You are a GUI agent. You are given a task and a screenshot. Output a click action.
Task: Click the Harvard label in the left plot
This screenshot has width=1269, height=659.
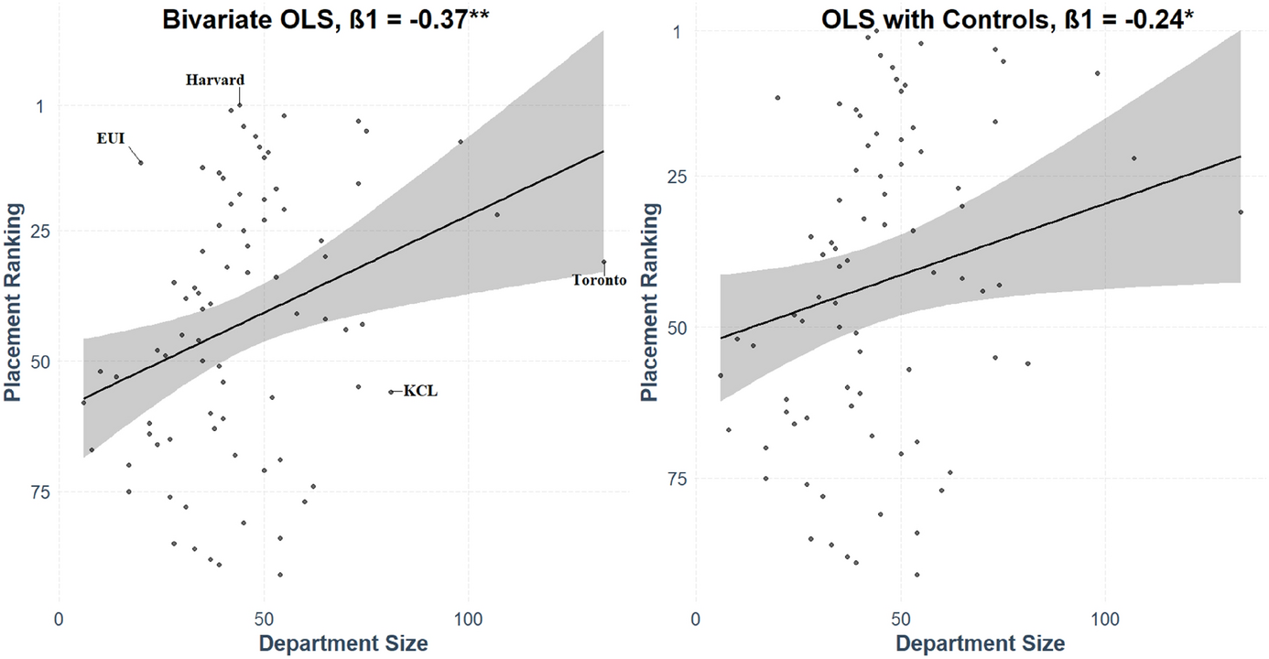pos(215,80)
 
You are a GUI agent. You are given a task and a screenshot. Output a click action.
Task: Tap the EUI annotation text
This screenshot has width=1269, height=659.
pos(111,138)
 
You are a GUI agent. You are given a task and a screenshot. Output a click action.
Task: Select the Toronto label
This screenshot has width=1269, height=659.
pos(600,280)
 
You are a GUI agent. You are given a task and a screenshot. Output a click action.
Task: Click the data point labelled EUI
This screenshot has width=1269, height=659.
pos(140,163)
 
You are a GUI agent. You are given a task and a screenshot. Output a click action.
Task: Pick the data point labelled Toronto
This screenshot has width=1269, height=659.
pos(604,262)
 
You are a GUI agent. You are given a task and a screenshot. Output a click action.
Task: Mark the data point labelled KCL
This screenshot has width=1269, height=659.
pos(391,392)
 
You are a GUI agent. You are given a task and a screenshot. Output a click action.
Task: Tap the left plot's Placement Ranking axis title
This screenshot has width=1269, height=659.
pos(14,301)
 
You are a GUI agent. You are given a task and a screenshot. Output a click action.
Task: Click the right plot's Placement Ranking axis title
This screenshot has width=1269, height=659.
pos(650,301)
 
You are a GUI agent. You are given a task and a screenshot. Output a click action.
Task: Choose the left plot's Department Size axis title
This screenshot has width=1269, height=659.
pos(343,643)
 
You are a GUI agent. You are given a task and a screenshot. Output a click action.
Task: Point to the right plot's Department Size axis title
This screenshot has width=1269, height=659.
pos(980,643)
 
